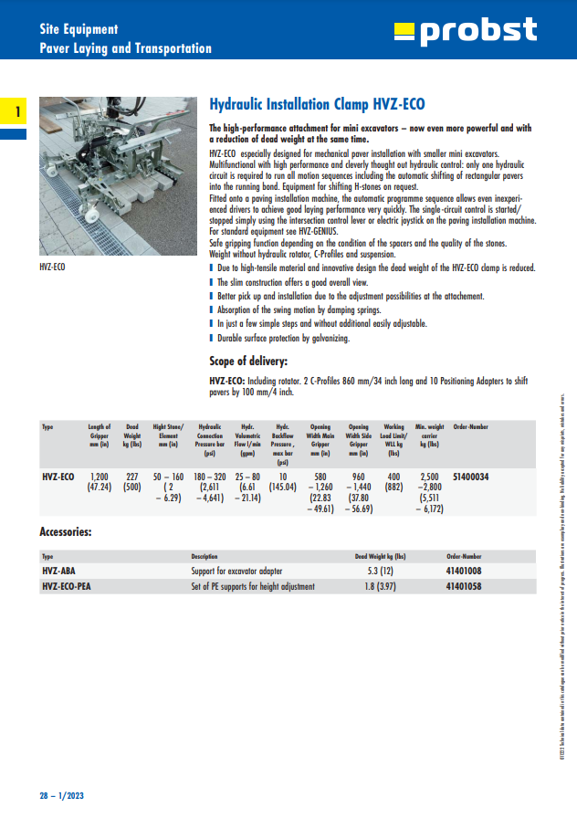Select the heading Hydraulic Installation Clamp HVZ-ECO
click(317, 104)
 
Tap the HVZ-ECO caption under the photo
click(52, 267)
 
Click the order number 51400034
click(471, 477)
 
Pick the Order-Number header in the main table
click(471, 426)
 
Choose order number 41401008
click(465, 572)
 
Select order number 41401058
click(465, 587)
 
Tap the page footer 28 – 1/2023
click(60, 794)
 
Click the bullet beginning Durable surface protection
click(282, 338)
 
